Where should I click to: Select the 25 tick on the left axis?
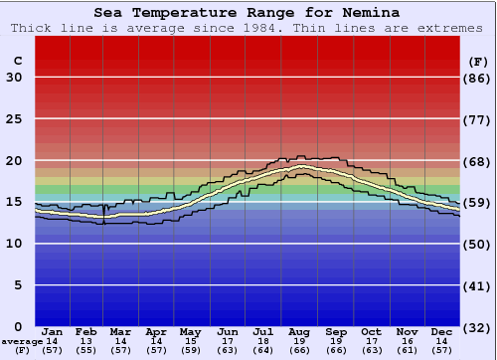pos(15,119)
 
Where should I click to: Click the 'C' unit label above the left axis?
pos(18,61)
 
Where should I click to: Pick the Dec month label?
pos(442,331)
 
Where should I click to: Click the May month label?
pos(190,331)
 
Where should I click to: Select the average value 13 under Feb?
pos(86,341)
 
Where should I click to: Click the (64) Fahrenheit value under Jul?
pos(262,351)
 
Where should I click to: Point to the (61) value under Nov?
pos(407,351)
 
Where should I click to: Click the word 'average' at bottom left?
pos(22,341)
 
